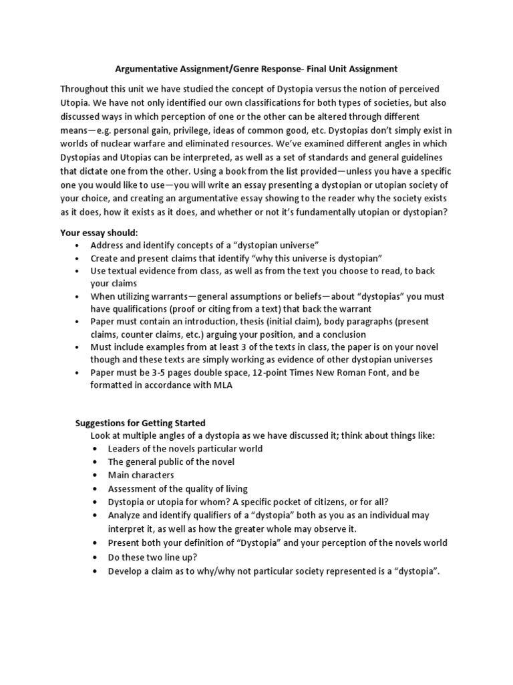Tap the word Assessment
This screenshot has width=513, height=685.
coord(132,488)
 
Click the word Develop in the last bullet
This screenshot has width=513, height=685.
coord(126,570)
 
